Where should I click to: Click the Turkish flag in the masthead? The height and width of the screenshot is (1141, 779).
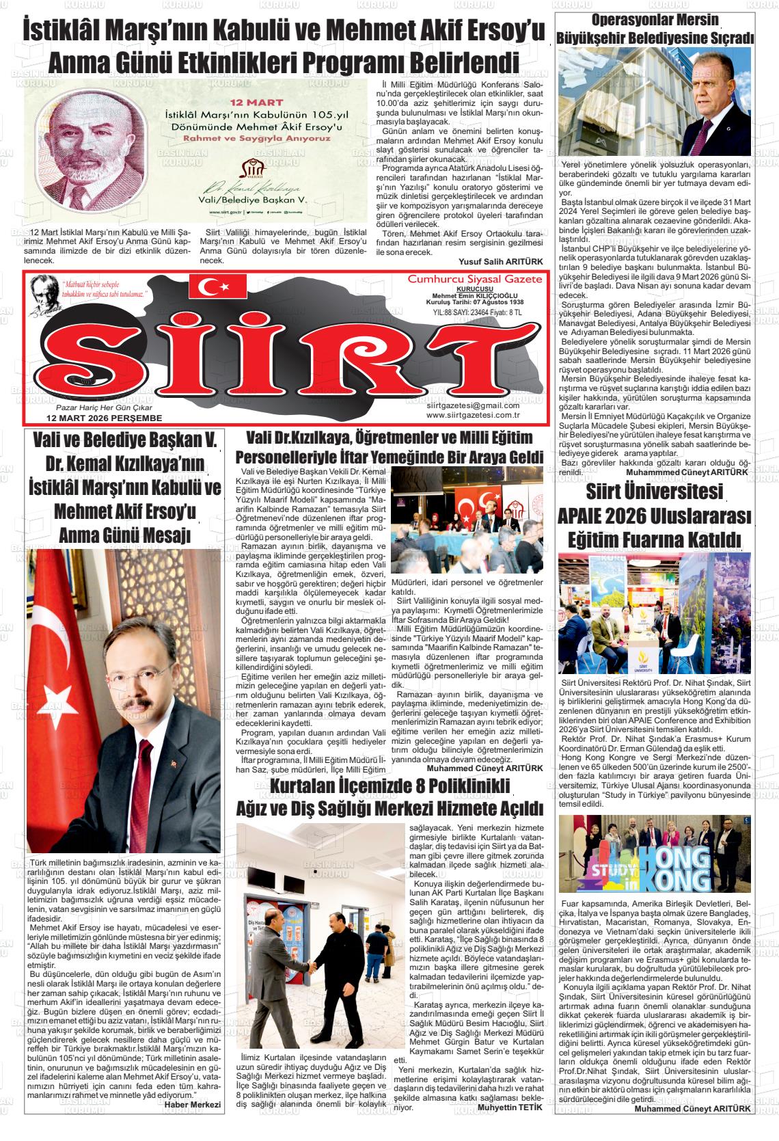217,286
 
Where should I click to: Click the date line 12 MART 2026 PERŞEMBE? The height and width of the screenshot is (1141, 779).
104,417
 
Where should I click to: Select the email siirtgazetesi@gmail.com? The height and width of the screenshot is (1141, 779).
473,405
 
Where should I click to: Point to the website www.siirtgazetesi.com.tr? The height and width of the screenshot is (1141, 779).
473,414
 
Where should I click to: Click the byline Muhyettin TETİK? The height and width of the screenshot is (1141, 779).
510,1125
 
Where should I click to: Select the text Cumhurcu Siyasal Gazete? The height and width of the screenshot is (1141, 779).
474,278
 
